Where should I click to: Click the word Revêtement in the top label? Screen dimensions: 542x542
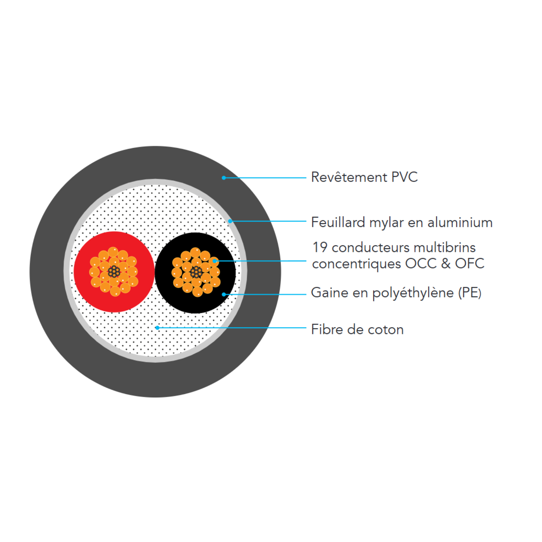[349, 177]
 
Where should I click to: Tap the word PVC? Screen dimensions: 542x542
[404, 177]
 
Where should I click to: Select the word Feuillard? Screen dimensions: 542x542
[338, 222]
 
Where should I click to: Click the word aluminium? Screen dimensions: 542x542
[460, 222]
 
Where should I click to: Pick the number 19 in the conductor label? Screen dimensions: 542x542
[320, 247]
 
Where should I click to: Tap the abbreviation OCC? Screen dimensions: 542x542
[421, 264]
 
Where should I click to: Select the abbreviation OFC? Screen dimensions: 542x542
[470, 264]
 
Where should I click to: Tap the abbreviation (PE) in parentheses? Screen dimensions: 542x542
[470, 293]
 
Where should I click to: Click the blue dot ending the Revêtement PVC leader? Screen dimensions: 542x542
[224, 178]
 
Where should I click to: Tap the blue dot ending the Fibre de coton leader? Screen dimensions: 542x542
[157, 328]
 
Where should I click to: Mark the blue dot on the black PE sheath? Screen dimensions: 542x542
[224, 294]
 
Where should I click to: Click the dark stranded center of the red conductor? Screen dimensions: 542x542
[114, 272]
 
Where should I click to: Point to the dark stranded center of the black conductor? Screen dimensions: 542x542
[196, 272]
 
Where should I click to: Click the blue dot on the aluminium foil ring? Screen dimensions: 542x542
[230, 221]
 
